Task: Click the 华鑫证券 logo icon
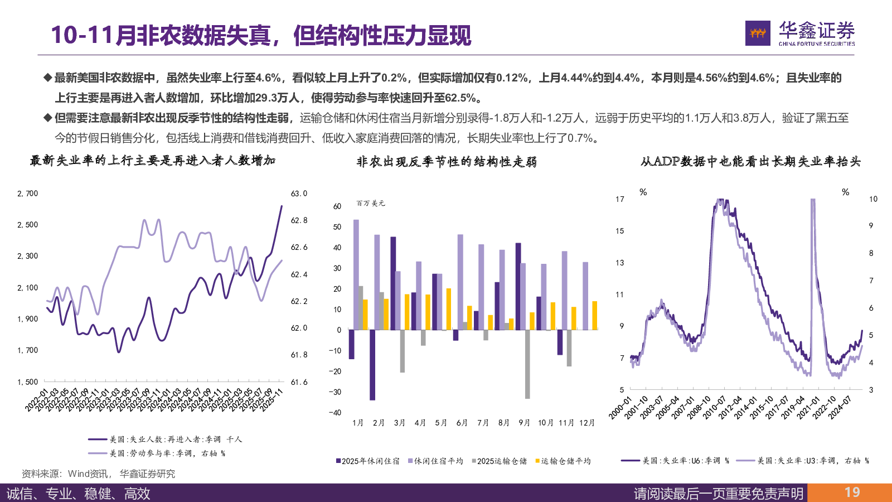coord(758,33)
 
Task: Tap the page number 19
coord(852,493)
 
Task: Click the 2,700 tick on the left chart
coord(28,194)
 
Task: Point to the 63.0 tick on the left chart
coord(299,194)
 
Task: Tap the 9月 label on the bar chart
coord(524,423)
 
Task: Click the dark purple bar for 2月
coord(372,364)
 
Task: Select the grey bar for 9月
coord(527,364)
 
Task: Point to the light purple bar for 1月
coord(356,274)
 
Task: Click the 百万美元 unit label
coord(371,204)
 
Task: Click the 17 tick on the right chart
coord(620,199)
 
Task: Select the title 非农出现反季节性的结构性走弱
coord(447,162)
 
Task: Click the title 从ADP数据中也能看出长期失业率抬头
coord(750,162)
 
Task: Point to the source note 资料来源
coord(98,474)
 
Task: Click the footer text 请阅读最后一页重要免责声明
coord(719,494)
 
